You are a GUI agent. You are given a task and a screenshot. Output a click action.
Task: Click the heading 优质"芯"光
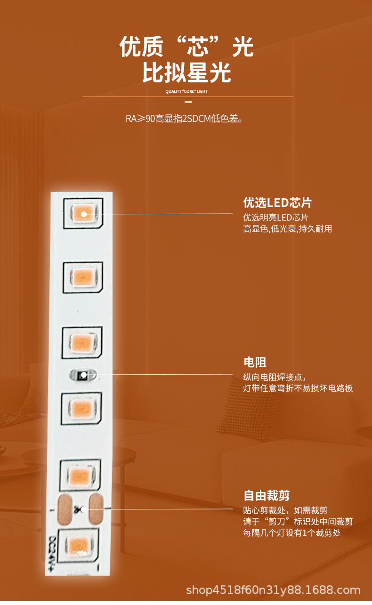[186, 47]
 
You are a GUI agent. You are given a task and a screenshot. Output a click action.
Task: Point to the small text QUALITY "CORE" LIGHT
[186, 91]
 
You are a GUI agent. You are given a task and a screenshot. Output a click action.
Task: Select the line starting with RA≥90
[184, 119]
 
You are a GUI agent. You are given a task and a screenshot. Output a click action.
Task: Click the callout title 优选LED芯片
[277, 203]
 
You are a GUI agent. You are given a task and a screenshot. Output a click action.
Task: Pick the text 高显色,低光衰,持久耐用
[287, 229]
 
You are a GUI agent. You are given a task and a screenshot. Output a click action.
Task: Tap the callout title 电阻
[255, 362]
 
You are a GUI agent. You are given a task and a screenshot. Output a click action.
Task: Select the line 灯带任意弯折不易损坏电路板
[298, 388]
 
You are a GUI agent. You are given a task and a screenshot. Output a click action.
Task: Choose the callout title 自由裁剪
[266, 495]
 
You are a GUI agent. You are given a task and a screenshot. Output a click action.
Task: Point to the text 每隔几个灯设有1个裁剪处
[291, 532]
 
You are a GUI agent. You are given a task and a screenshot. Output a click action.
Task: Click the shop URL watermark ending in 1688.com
[273, 590]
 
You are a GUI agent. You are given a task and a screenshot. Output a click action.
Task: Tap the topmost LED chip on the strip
[84, 214]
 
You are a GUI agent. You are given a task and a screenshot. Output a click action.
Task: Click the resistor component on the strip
[83, 375]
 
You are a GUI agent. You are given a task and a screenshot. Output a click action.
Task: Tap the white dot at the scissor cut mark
[83, 509]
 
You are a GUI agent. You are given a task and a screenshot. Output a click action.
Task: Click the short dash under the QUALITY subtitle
[188, 102]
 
